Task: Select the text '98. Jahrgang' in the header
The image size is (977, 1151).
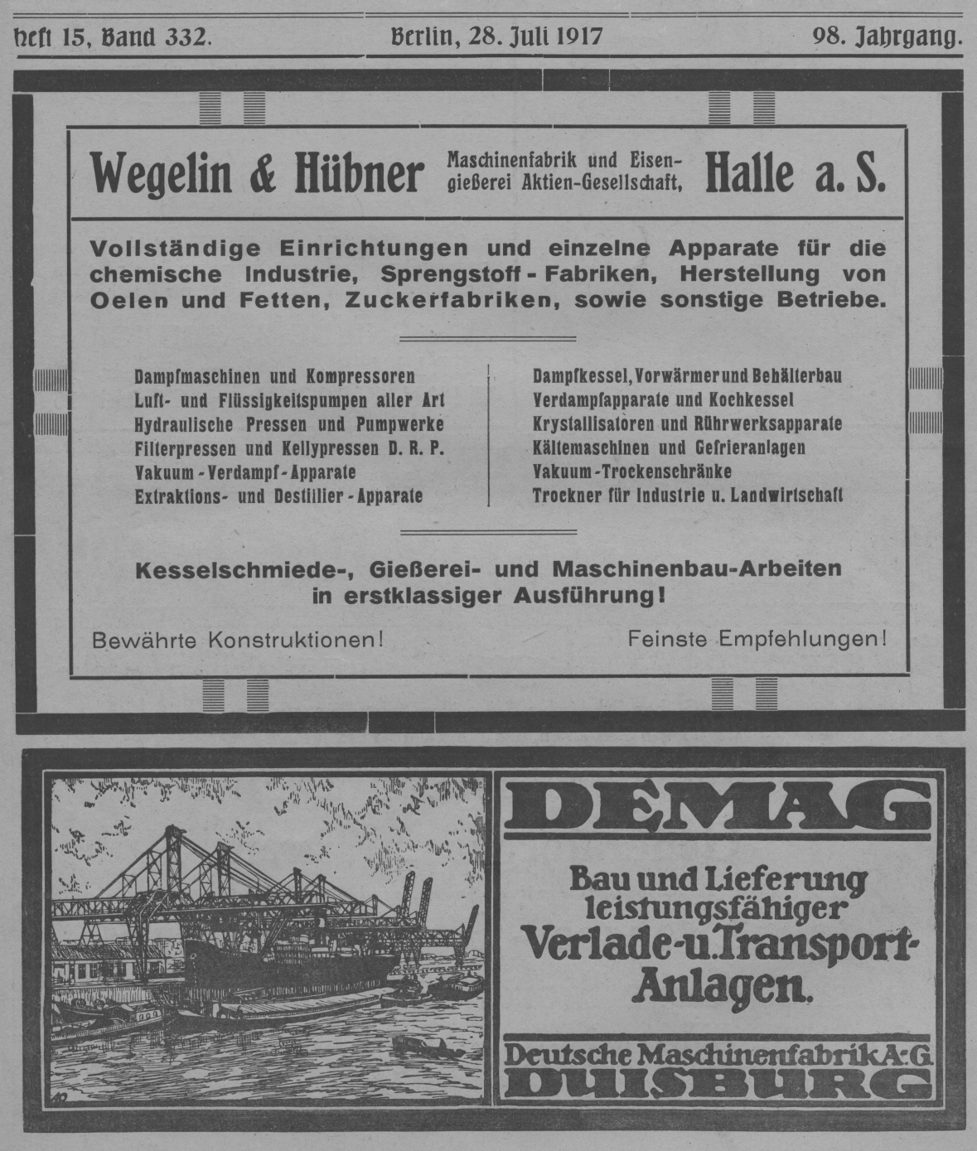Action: (887, 36)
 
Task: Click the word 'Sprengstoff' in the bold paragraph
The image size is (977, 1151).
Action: (443, 273)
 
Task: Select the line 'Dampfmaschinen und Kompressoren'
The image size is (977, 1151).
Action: (274, 377)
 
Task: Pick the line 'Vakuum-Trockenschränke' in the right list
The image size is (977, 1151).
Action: (631, 472)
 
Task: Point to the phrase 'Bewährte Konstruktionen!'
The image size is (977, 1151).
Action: (238, 640)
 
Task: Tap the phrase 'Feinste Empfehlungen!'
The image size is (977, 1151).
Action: (757, 640)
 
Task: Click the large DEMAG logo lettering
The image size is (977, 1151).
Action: (717, 807)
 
